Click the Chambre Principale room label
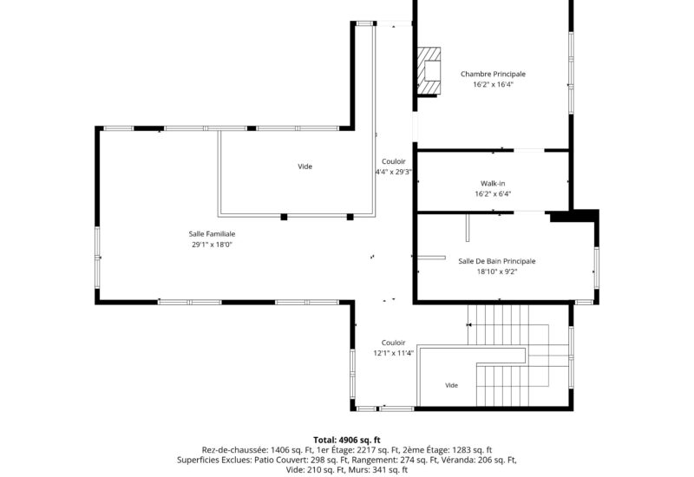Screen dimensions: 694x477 point(493,74)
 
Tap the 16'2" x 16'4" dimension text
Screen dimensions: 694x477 point(493,84)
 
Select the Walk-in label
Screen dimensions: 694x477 point(493,183)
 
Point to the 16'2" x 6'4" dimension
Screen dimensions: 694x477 point(493,193)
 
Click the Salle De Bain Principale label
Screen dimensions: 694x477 point(496,261)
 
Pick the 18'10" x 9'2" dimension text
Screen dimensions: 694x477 point(496,271)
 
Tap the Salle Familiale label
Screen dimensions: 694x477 point(212,234)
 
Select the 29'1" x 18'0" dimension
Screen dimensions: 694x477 point(212,245)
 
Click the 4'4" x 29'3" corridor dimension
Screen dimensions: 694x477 point(394,172)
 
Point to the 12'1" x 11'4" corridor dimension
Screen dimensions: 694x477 point(394,353)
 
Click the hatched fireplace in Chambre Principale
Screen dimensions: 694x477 point(429,70)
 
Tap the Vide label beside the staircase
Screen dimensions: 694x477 point(451,385)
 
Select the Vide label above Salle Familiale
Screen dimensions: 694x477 point(305,167)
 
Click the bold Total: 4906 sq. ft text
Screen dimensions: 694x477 point(347,440)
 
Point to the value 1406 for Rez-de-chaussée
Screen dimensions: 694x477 point(280,450)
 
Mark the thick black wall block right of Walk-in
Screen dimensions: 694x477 point(574,216)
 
